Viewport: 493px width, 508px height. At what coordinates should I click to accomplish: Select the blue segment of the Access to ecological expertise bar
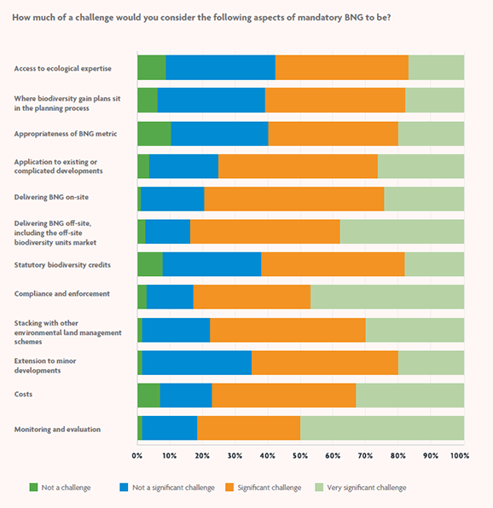pyautogui.click(x=220, y=67)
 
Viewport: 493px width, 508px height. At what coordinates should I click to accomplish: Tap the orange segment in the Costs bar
pyautogui.click(x=283, y=395)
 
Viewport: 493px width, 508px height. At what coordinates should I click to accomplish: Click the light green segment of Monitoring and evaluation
pyautogui.click(x=381, y=429)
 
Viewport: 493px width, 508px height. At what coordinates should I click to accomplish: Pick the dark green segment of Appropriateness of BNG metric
pyautogui.click(x=154, y=134)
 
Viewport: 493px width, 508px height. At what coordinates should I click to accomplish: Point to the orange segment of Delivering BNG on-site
pyautogui.click(x=293, y=199)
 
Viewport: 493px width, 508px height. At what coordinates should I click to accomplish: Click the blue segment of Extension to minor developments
pyautogui.click(x=196, y=362)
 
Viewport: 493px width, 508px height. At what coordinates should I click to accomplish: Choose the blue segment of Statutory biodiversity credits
pyautogui.click(x=212, y=264)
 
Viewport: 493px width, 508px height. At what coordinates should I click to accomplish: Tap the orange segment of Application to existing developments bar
pyautogui.click(x=298, y=166)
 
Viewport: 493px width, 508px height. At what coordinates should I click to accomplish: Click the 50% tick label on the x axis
pyautogui.click(x=300, y=456)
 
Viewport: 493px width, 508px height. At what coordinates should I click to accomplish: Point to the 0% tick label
pyautogui.click(x=137, y=456)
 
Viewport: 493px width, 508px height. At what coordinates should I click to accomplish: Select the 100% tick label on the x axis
pyautogui.click(x=460, y=456)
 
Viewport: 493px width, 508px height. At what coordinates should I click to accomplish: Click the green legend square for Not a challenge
pyautogui.click(x=34, y=488)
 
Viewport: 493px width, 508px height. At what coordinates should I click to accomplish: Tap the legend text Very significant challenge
pyautogui.click(x=369, y=488)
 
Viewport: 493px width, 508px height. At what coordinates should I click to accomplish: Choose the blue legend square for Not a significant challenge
pyautogui.click(x=124, y=488)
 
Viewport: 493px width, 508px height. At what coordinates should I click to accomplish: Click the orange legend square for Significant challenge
pyautogui.click(x=229, y=488)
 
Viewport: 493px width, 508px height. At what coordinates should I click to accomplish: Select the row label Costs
pyautogui.click(x=25, y=395)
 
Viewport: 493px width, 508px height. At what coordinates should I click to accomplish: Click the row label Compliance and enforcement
pyautogui.click(x=61, y=294)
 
